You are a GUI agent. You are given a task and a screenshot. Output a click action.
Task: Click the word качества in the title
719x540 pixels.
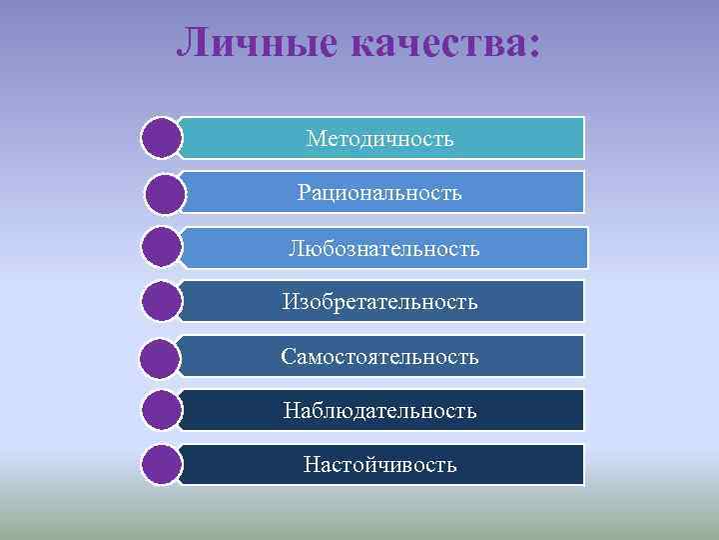coord(434,42)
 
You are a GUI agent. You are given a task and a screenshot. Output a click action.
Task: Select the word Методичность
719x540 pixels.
coord(379,139)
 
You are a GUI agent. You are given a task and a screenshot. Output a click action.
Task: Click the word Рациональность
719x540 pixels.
coord(379,192)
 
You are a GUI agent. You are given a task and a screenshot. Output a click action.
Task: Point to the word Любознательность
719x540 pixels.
coord(384,248)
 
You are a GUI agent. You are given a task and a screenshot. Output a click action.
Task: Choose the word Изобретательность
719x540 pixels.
coord(379,301)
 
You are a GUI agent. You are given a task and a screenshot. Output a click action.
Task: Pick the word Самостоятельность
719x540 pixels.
coord(379,356)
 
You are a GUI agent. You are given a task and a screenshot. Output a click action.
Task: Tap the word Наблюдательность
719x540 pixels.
coord(379,411)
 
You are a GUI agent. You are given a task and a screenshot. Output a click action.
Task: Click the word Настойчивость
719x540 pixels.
coord(379,465)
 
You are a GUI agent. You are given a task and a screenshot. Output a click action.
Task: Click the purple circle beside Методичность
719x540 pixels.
coord(162,138)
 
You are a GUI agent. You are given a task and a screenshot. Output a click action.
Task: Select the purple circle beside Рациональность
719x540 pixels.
coord(165,193)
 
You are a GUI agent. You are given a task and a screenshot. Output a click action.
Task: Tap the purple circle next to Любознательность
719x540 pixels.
coord(162,247)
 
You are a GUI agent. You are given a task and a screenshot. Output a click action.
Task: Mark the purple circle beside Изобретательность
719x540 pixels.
coord(162,301)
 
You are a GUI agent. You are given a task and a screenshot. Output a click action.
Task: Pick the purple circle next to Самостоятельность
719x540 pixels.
coord(162,356)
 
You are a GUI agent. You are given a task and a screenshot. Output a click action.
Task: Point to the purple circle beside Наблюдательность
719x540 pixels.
coord(162,410)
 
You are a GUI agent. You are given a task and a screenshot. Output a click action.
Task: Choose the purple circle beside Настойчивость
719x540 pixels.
coord(162,465)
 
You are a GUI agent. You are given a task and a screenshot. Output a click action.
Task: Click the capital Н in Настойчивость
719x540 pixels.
coord(311,465)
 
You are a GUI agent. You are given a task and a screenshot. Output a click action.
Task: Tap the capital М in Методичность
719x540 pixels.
coord(315,139)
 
